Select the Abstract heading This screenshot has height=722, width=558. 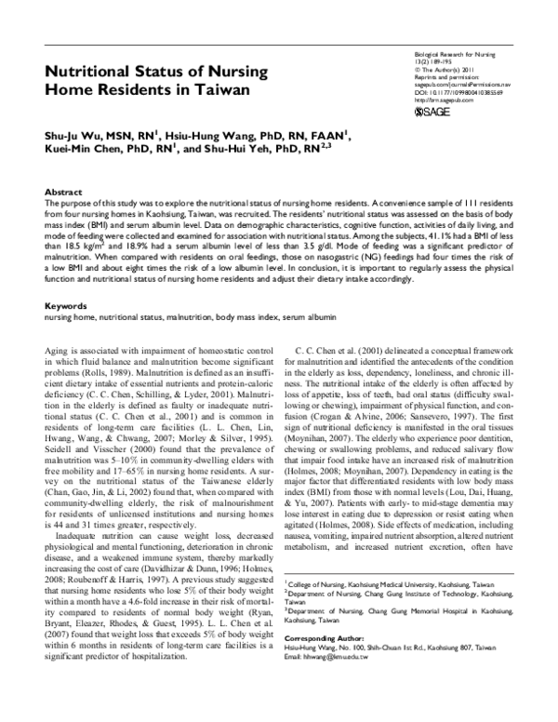click(63, 190)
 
